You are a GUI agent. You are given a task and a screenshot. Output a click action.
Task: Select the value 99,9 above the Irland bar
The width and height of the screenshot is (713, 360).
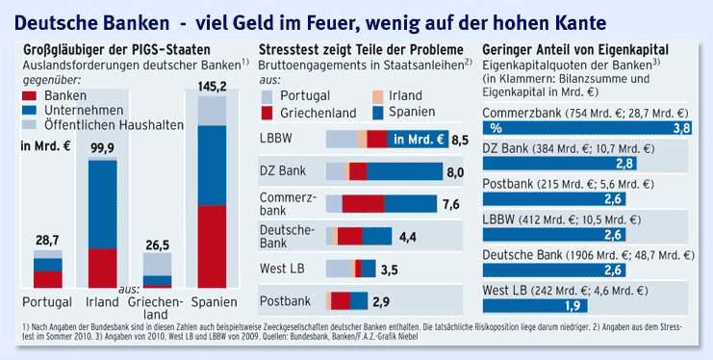[103, 146]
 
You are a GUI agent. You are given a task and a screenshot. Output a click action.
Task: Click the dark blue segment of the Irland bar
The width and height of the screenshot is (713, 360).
[103, 203]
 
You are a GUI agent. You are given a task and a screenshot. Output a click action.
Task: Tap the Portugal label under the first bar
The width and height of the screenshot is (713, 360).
[47, 301]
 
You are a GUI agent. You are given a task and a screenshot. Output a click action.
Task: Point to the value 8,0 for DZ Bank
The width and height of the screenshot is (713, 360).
[456, 171]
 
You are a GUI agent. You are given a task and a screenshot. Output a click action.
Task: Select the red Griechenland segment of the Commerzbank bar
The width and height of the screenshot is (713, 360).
[363, 203]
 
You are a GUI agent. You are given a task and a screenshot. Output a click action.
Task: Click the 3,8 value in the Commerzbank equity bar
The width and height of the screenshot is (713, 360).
[681, 127]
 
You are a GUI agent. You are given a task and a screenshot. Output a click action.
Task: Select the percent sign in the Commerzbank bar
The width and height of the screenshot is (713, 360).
[496, 127]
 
